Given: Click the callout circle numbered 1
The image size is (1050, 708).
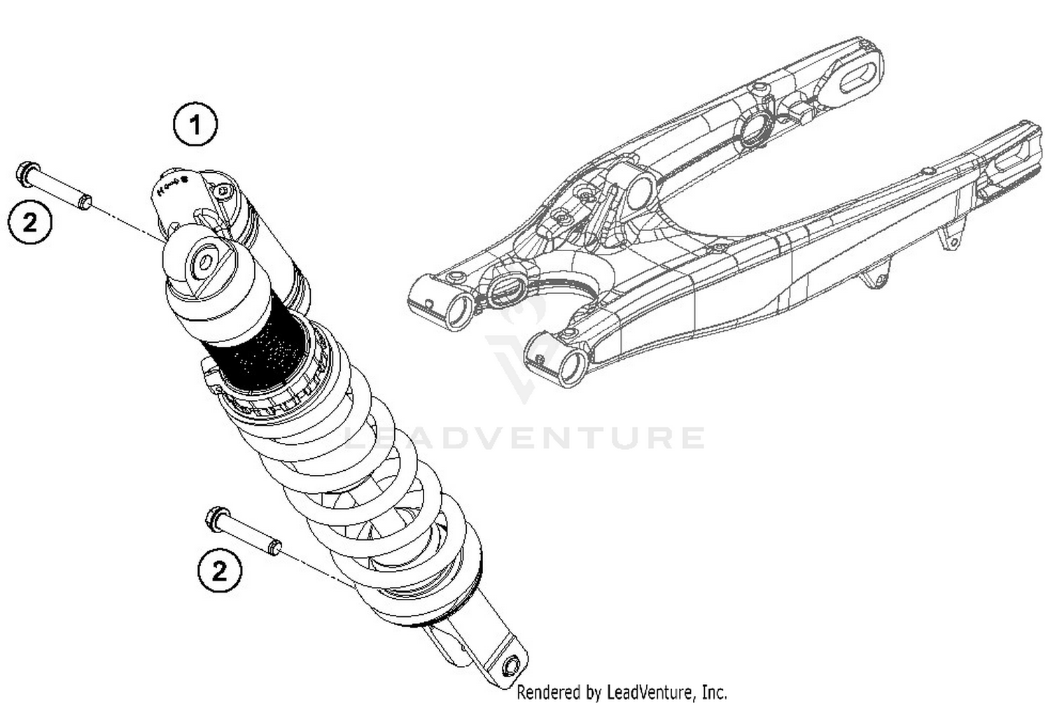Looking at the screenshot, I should pos(195,125).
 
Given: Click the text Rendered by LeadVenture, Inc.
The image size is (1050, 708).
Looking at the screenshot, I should pos(622,693).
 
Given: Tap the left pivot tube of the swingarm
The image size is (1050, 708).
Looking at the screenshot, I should pos(458,311).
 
